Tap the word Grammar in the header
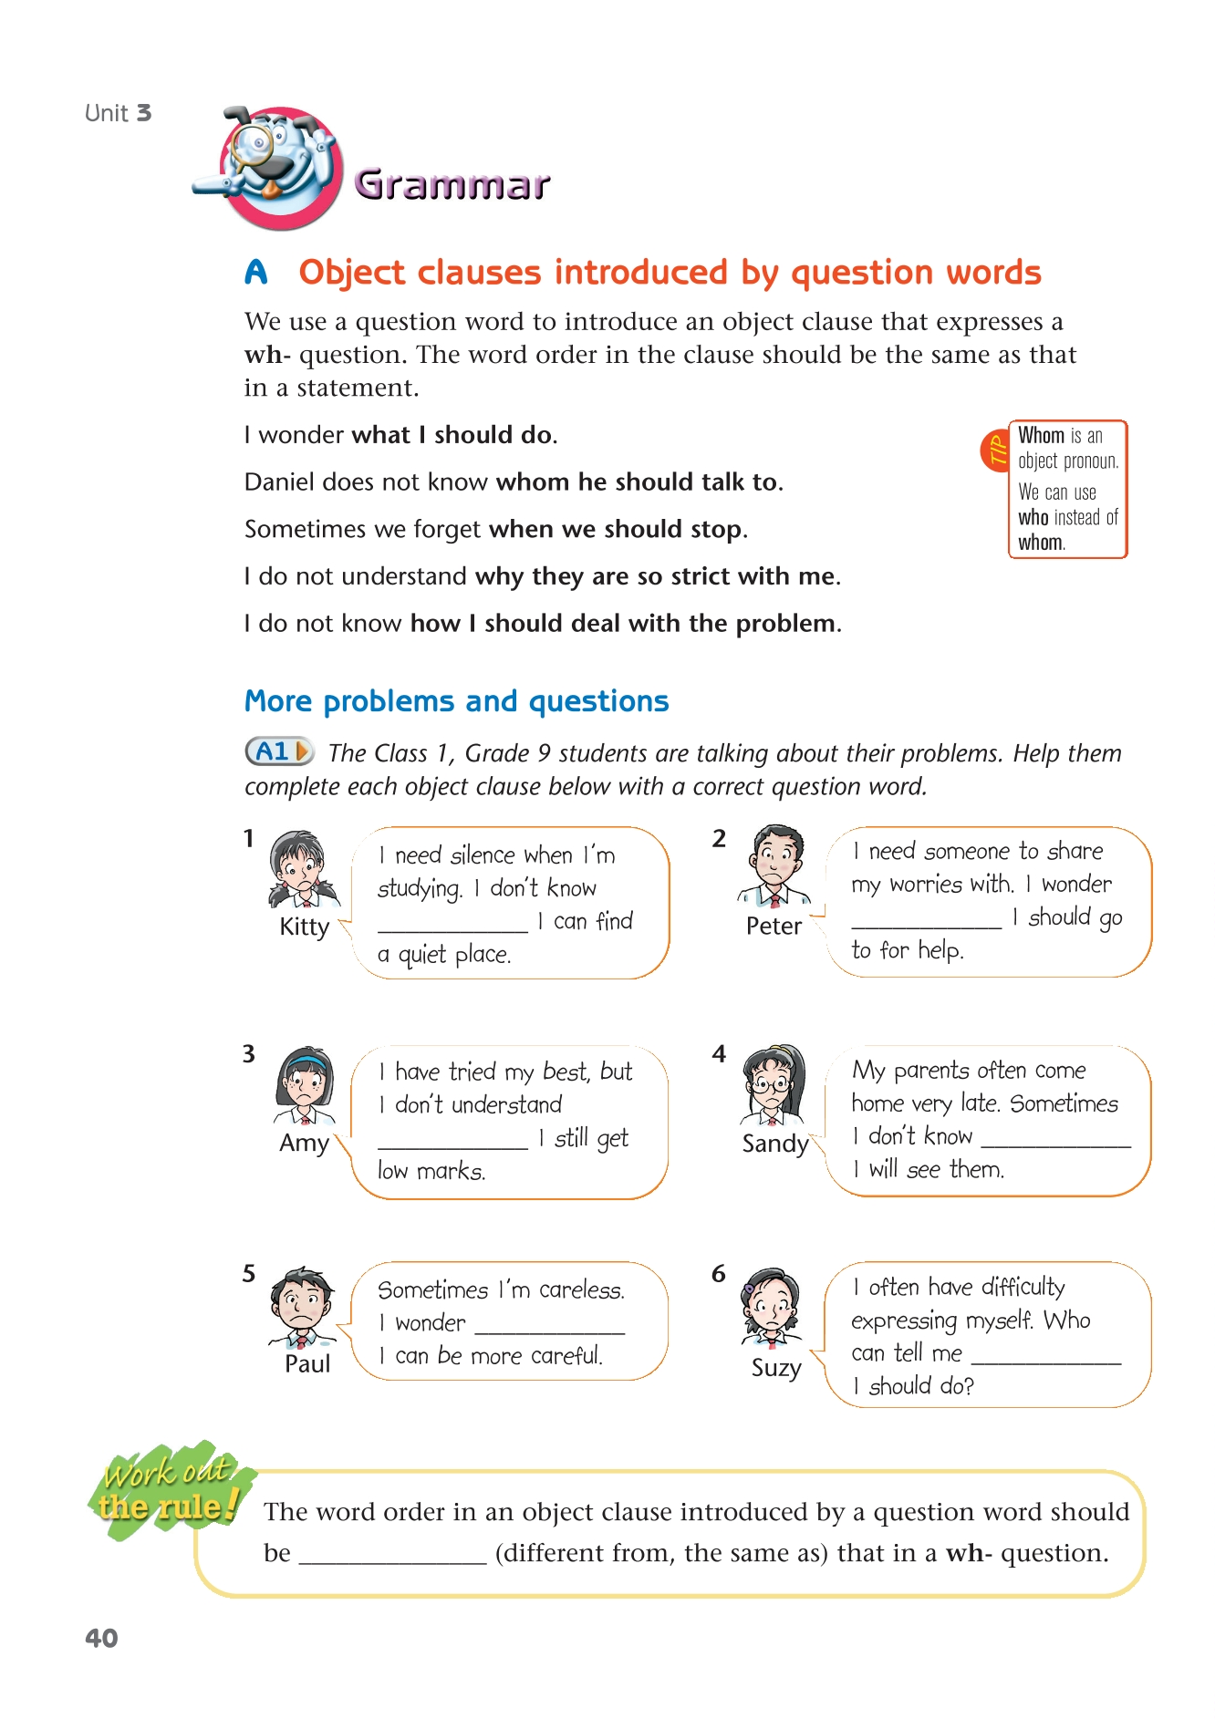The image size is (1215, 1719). [452, 184]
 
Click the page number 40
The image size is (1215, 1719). [101, 1638]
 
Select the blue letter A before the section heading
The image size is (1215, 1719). [256, 272]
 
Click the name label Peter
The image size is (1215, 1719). [774, 926]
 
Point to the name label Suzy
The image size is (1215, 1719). [776, 1368]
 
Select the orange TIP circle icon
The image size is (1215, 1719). [995, 450]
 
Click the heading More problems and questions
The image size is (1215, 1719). [456, 700]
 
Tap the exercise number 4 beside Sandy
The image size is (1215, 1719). [719, 1054]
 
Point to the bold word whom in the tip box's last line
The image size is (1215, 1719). [1041, 543]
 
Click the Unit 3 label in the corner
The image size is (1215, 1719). [118, 113]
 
